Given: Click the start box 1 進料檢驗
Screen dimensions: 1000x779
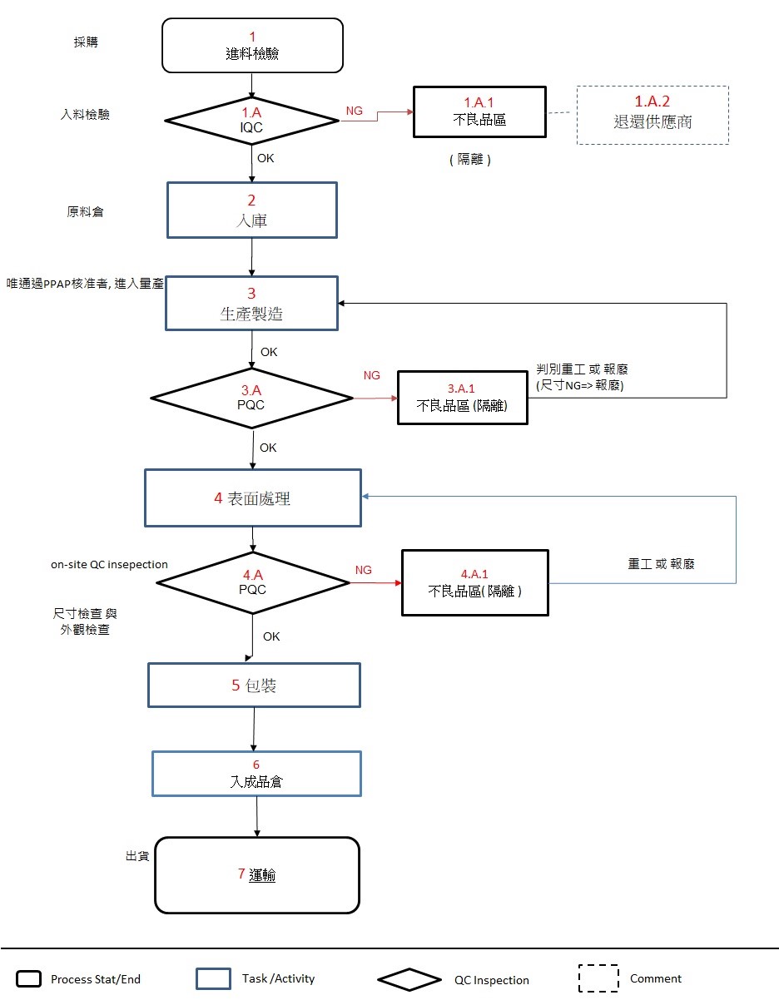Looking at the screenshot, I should point(252,46).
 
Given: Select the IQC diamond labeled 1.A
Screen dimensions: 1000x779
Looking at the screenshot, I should point(252,121).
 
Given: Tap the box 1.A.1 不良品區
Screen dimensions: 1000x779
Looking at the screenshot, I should point(479,111).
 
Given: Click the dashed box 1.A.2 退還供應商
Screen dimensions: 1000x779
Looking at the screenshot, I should point(652,115).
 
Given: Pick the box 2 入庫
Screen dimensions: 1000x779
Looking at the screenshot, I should point(252,210).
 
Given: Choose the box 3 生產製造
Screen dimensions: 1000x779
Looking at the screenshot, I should point(252,304).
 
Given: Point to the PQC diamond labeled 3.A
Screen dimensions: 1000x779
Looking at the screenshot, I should point(252,399).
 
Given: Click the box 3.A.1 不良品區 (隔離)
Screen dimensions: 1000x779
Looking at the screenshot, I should point(463,398).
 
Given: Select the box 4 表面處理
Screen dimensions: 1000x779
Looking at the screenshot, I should point(252,498).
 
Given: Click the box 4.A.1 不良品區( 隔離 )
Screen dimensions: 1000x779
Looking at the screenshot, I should point(475,582).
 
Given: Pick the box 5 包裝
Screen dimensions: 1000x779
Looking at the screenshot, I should point(254,686).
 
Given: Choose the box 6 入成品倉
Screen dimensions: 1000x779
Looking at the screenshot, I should point(256,774).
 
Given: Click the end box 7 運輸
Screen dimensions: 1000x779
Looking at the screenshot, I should point(257,874).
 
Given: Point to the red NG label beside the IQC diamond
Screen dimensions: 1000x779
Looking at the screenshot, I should point(354,111).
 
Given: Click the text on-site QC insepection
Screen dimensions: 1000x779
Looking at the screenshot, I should point(109,565).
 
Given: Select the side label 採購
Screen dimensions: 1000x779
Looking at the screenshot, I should point(86,42).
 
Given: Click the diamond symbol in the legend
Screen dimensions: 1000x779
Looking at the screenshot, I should point(409,979).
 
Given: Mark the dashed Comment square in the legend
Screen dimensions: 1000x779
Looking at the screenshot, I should point(598,978).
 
